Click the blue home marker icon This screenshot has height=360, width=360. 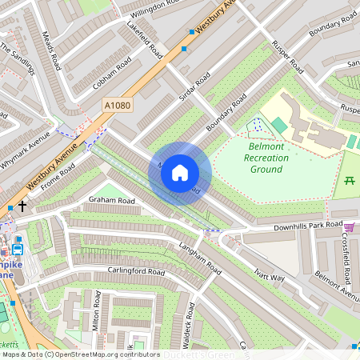(x=180, y=172)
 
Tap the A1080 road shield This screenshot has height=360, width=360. (x=117, y=105)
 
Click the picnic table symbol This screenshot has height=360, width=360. (x=350, y=180)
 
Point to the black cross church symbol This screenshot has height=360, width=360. (x=22, y=206)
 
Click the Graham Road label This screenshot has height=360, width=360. (x=112, y=200)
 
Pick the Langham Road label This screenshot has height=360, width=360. (x=199, y=258)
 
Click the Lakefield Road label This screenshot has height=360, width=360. (x=145, y=40)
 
